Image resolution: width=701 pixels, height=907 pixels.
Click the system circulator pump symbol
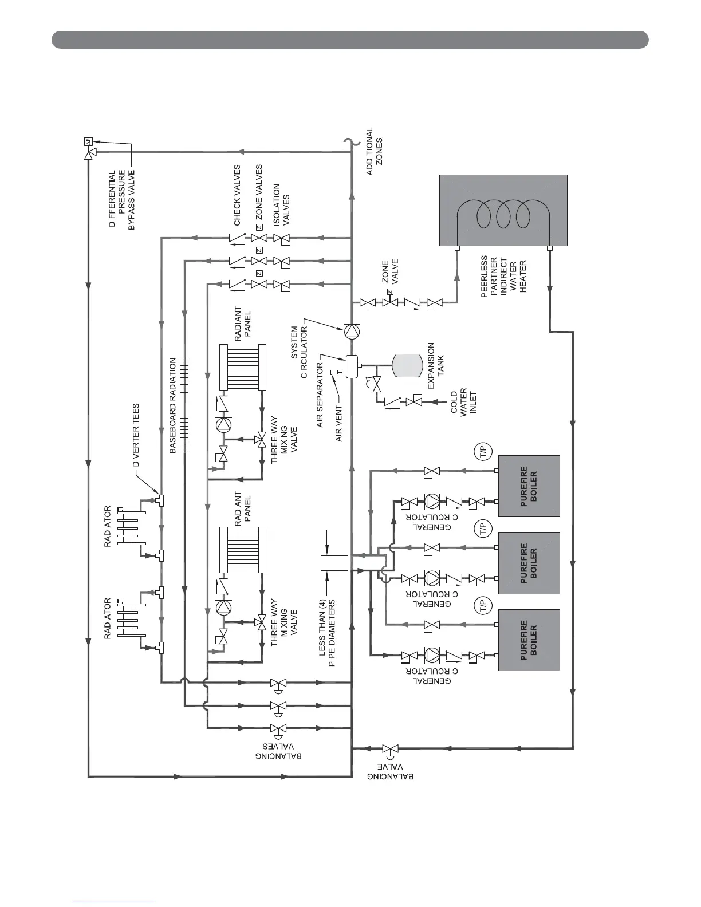tap(350, 330)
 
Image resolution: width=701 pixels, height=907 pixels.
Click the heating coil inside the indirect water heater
tap(503, 216)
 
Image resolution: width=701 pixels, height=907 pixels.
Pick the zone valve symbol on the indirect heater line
tap(391, 303)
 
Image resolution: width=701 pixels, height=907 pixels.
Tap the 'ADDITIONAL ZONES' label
tap(374, 151)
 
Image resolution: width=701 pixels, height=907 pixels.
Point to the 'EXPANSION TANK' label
tap(436, 367)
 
